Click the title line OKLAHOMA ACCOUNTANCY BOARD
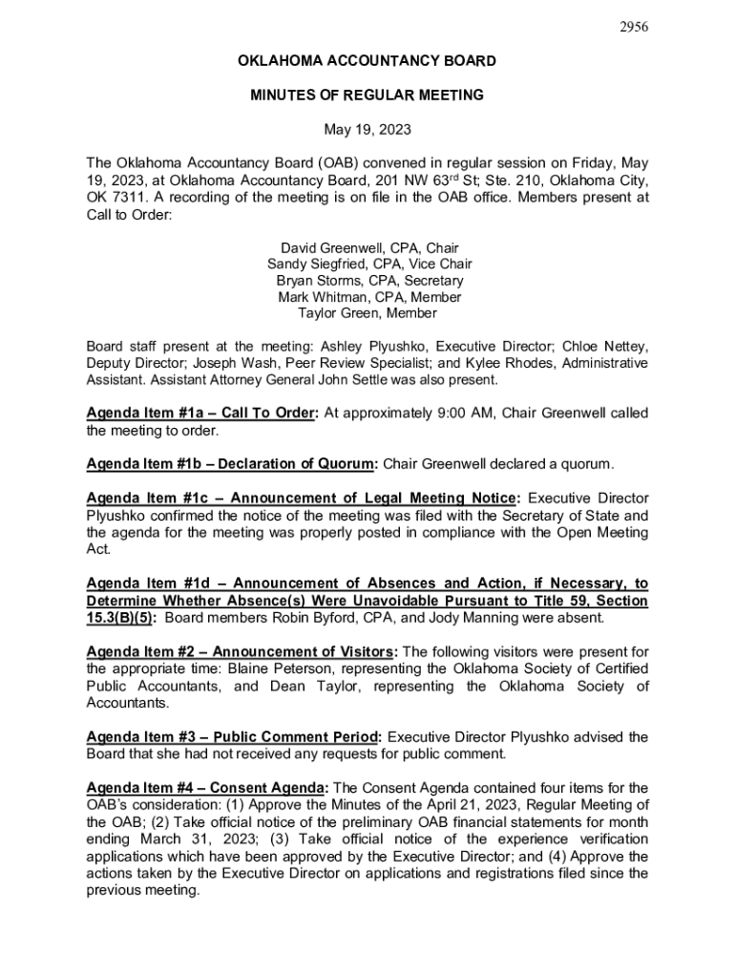tap(367, 61)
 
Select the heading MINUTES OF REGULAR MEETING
tap(367, 96)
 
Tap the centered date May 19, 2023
tap(367, 129)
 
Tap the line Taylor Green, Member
tap(367, 313)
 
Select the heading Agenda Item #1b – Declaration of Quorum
tap(232, 464)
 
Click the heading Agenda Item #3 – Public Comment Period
tap(234, 736)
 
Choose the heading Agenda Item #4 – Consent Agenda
tap(207, 788)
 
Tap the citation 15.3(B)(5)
tap(118, 617)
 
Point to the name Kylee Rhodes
tap(527, 363)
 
